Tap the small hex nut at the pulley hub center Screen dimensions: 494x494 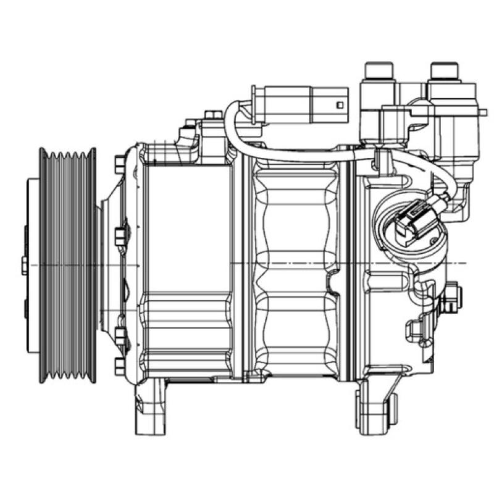tap(24, 265)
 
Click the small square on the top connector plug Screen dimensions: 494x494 tap(339, 104)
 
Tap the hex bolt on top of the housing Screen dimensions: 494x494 tap(213, 115)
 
